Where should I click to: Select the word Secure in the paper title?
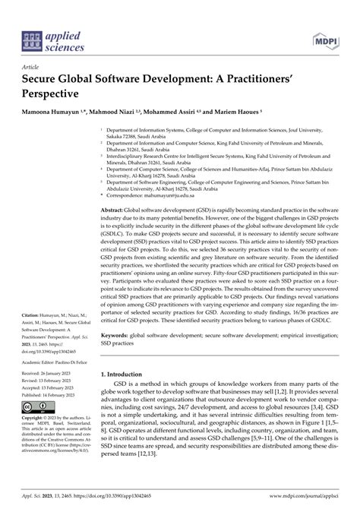coord(44,79)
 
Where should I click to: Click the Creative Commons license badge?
coord(36,429)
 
